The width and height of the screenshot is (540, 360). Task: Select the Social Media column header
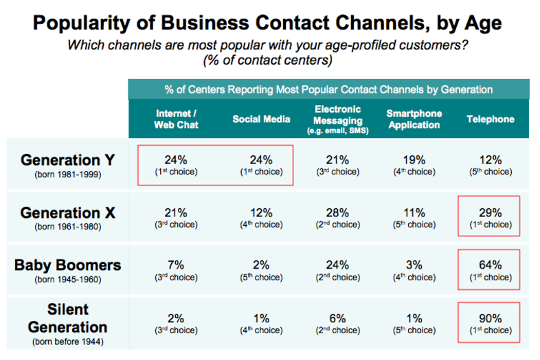(261, 119)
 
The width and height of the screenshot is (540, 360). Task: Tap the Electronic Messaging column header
(339, 119)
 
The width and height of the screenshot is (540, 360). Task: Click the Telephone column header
(491, 119)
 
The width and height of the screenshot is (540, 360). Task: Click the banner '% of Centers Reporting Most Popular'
(328, 89)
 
